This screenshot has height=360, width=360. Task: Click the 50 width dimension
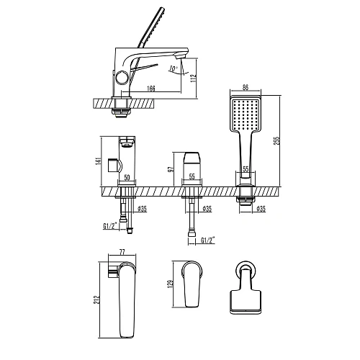127,176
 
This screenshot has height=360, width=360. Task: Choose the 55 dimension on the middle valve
191,176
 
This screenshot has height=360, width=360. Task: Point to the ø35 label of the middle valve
206,210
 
